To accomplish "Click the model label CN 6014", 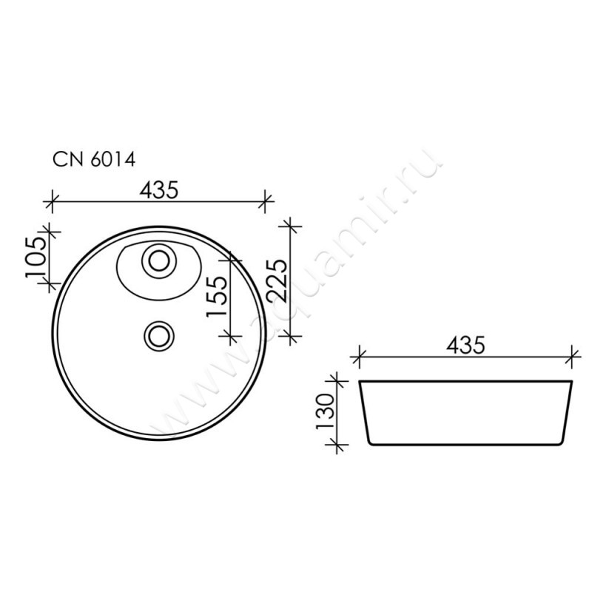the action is click(94, 160).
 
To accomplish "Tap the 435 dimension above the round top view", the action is click(158, 190).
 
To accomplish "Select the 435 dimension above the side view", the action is click(465, 345).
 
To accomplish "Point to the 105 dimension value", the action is click(36, 258).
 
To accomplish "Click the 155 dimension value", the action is click(217, 297).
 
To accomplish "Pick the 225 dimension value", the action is click(277, 280).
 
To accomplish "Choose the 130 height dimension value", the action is click(326, 412).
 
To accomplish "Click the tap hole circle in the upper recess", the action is click(159, 260).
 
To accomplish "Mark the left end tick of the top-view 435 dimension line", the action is click(52, 201).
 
